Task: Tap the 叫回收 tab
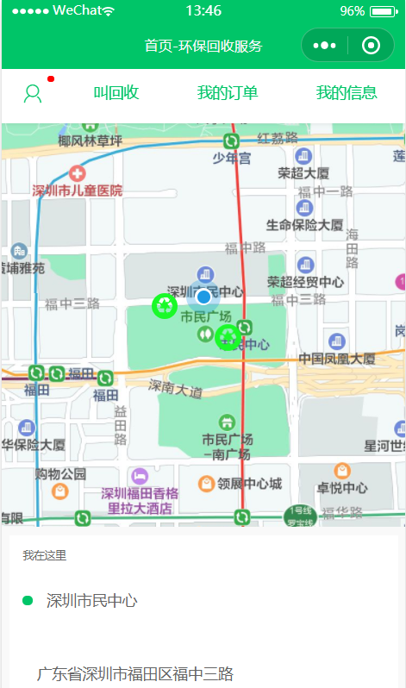point(116,93)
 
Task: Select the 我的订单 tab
point(227,93)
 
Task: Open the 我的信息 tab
point(346,93)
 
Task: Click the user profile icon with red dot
point(33,93)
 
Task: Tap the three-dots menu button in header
point(324,46)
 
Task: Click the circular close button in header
point(372,46)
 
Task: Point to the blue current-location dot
point(203,297)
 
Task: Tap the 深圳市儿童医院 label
point(78,190)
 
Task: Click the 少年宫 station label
point(232,158)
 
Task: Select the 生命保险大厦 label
point(304,225)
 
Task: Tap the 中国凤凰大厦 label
point(337,359)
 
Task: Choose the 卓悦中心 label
point(342,487)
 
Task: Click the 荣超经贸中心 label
point(305,282)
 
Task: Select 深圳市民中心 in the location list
point(91,601)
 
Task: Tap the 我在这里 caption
point(45,555)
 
